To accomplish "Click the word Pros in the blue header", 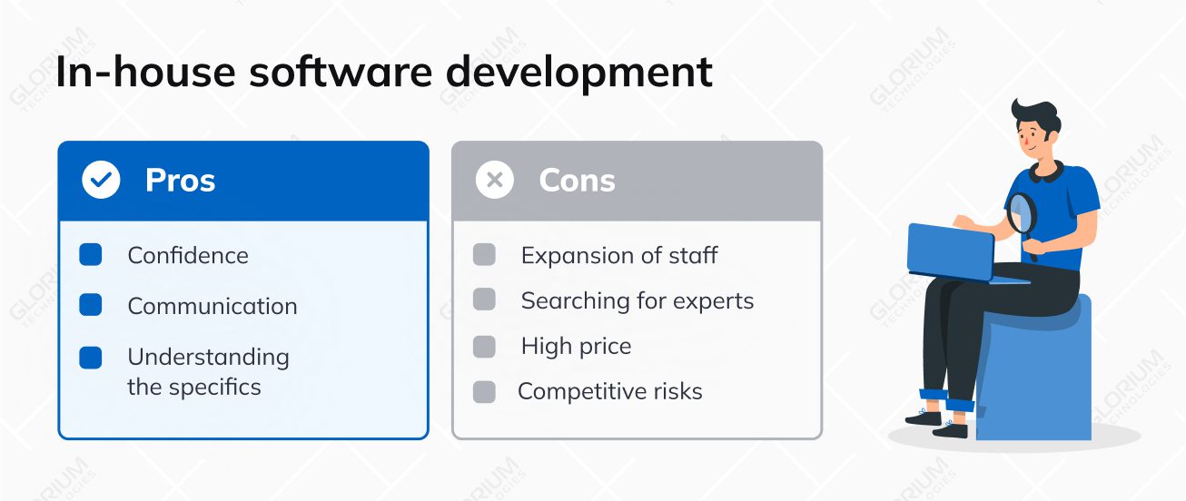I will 180,181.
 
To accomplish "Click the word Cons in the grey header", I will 577,181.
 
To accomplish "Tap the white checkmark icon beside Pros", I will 101,181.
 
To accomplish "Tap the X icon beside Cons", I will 495,181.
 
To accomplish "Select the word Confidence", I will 188,256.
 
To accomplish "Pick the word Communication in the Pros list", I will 212,307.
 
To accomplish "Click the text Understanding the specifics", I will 208,372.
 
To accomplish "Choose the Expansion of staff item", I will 618,256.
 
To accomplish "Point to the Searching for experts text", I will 637,301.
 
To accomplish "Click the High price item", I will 576,347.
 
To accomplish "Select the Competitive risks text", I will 609,392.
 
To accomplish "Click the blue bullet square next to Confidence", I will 91,255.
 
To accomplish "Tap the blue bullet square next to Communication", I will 91,305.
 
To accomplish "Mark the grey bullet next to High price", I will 485,347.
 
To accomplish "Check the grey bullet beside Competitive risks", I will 485,392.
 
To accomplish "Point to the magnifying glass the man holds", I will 1022,215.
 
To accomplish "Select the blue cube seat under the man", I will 1035,381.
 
